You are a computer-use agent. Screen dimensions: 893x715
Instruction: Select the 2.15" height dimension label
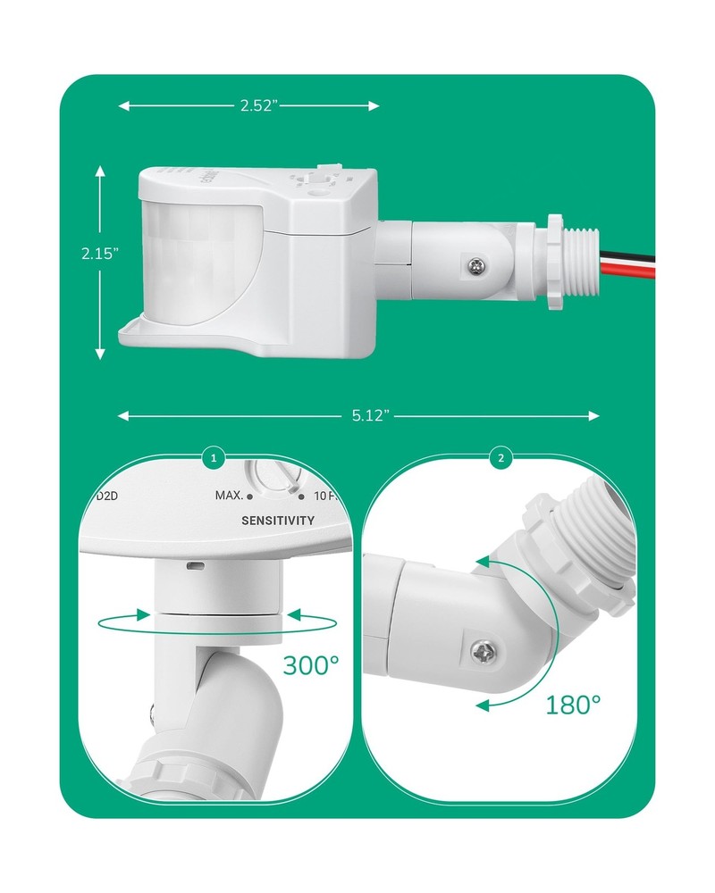(x=99, y=253)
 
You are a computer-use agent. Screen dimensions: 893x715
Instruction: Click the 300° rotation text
(x=311, y=665)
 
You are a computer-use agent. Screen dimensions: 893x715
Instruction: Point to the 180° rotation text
(x=572, y=705)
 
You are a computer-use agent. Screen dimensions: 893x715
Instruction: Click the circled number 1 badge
(x=213, y=459)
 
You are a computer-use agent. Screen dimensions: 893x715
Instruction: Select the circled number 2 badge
(x=500, y=459)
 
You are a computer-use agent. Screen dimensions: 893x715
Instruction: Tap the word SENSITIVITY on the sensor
(x=278, y=521)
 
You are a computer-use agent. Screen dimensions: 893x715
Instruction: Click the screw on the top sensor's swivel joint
(x=476, y=265)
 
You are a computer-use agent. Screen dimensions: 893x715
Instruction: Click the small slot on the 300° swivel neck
(x=192, y=565)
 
